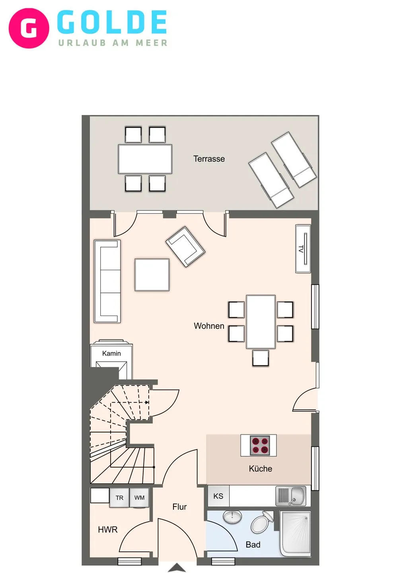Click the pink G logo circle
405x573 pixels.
tap(29, 28)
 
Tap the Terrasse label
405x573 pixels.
tap(209, 159)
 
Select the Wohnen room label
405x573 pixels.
tap(209, 326)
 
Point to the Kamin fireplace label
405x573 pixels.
tap(111, 353)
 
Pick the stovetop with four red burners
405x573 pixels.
tap(260, 445)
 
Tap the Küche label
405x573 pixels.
tap(260, 469)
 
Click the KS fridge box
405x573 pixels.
tap(218, 496)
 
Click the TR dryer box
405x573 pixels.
tap(119, 498)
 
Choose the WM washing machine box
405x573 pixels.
tap(139, 498)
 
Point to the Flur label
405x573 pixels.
tap(179, 507)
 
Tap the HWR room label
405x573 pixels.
tap(108, 530)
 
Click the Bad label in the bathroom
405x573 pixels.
tap(253, 545)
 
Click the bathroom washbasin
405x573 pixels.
tap(232, 517)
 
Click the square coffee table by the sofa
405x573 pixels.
tap(152, 275)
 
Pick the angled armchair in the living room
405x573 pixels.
tap(185, 246)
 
